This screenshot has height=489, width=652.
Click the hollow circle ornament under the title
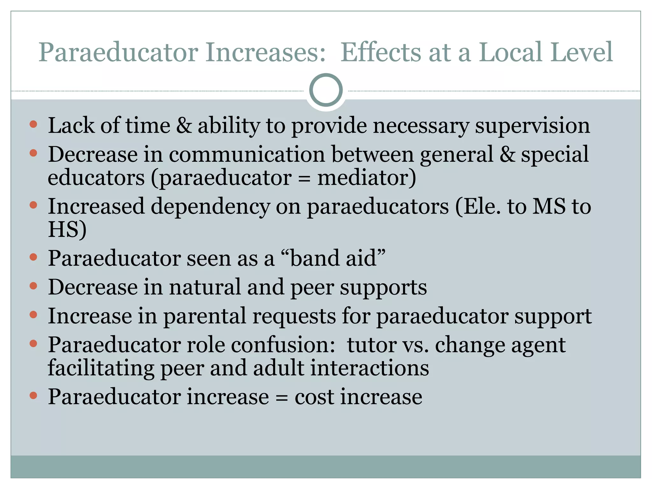(x=326, y=90)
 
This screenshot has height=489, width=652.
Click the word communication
(x=247, y=154)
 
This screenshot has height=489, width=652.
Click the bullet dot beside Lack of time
(x=33, y=124)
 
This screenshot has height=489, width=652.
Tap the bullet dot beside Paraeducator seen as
(x=33, y=257)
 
